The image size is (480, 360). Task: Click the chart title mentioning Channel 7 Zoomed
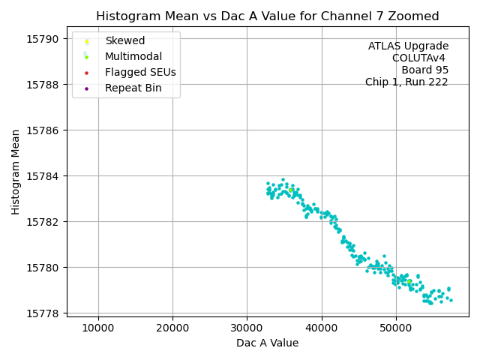click(x=267, y=16)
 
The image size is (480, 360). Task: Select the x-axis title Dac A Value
click(x=267, y=343)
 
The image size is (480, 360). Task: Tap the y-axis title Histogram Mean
click(x=16, y=172)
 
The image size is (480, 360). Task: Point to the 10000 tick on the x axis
click(x=98, y=328)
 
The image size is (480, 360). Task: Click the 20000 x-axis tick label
click(x=172, y=328)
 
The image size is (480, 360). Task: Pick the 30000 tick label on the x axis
click(x=247, y=328)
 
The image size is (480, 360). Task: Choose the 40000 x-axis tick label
click(x=322, y=328)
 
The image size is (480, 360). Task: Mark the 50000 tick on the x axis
click(x=396, y=328)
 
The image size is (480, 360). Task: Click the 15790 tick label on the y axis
click(x=45, y=38)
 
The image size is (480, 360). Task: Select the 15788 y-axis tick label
click(x=45, y=84)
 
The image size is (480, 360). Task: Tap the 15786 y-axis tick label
click(x=45, y=130)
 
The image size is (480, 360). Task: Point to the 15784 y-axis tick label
click(x=45, y=175)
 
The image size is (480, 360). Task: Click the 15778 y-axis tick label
click(x=45, y=313)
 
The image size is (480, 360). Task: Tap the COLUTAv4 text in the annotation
click(x=420, y=58)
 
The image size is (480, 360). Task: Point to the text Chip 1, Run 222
click(x=406, y=82)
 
